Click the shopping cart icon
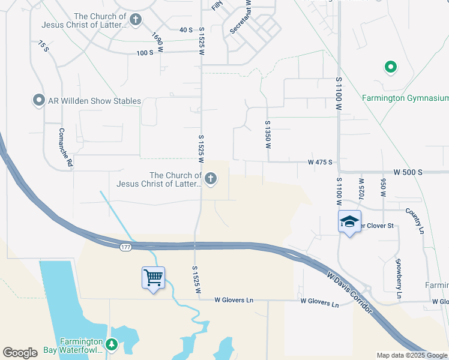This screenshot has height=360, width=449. [x=154, y=277]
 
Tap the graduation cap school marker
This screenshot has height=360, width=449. [x=349, y=222]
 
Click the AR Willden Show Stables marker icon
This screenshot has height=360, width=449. [x=39, y=100]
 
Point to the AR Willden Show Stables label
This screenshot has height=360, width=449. [x=95, y=101]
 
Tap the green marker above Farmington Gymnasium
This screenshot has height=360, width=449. [x=390, y=67]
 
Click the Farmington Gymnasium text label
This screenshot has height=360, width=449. [x=405, y=98]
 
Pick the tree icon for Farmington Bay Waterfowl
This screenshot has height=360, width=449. [x=111, y=344]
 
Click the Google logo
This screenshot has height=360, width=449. [x=20, y=353]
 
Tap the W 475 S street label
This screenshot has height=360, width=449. [x=320, y=163]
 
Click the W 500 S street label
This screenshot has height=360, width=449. [x=408, y=172]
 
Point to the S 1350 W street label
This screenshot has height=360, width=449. [x=268, y=134]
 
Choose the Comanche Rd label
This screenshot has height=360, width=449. [x=65, y=147]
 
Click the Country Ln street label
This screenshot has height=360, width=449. [x=415, y=220]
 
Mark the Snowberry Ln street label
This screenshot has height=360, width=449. [x=399, y=278]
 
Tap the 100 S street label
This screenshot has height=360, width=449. [x=145, y=53]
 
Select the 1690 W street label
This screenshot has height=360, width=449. [x=157, y=41]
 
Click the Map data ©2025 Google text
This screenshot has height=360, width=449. [x=411, y=355]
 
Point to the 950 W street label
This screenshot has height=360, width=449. [x=383, y=187]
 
